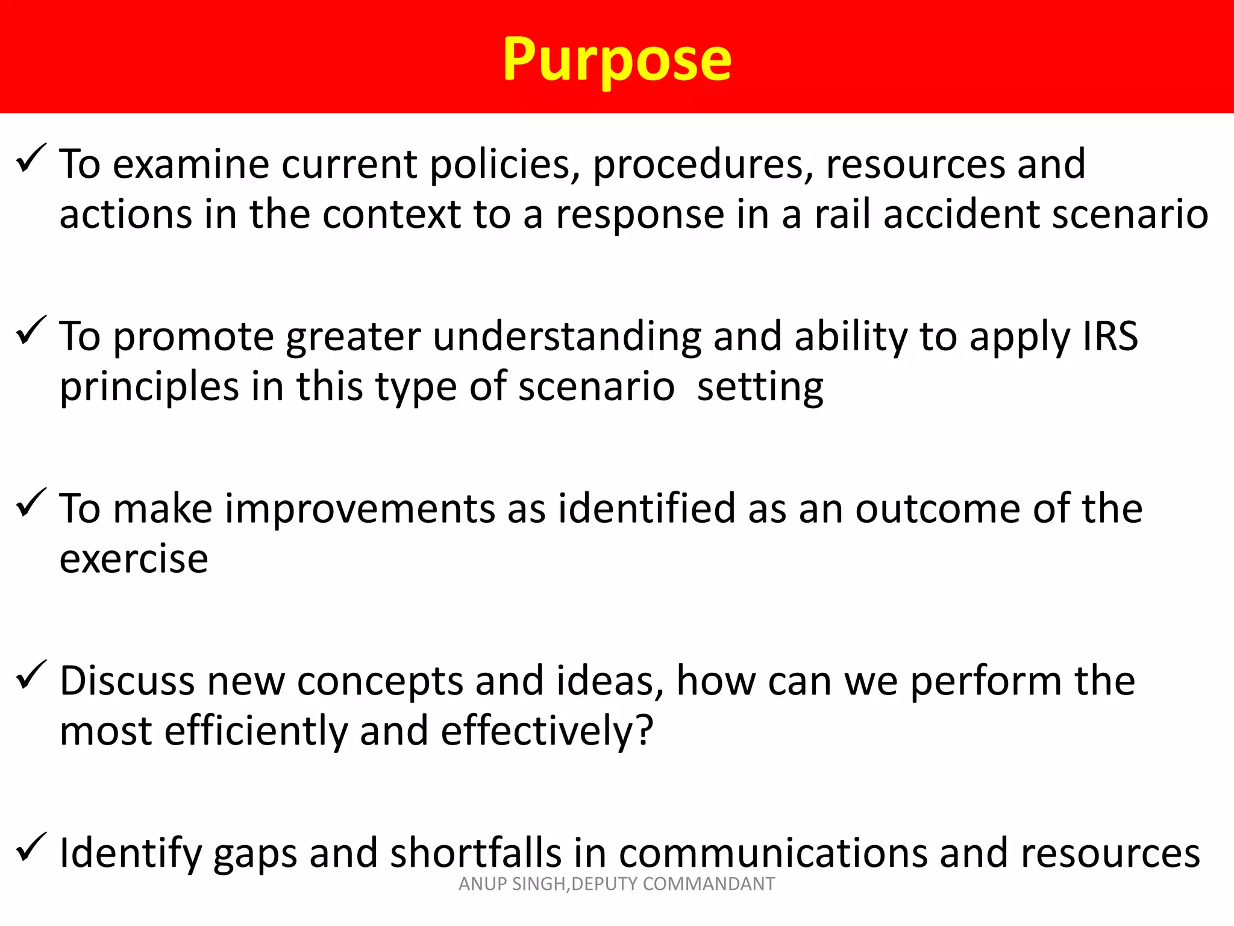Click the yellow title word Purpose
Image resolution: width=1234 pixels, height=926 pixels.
coord(617,60)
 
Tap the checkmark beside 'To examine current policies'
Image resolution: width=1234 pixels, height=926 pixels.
coord(31,159)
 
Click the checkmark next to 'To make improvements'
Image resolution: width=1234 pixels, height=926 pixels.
coord(31,503)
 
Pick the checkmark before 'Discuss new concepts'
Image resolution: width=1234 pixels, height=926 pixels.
coord(31,675)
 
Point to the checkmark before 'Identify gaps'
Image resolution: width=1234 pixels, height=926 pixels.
coord(31,847)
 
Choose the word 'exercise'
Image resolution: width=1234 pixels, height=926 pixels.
coord(134,559)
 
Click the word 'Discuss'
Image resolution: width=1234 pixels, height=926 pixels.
coord(127,681)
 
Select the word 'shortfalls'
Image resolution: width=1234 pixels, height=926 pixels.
coord(476,854)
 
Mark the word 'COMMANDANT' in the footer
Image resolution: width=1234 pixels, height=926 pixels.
coord(709,884)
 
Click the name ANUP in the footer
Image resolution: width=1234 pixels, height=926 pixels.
coord(483,884)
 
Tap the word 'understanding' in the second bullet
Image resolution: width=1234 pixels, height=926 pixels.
coord(567,336)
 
